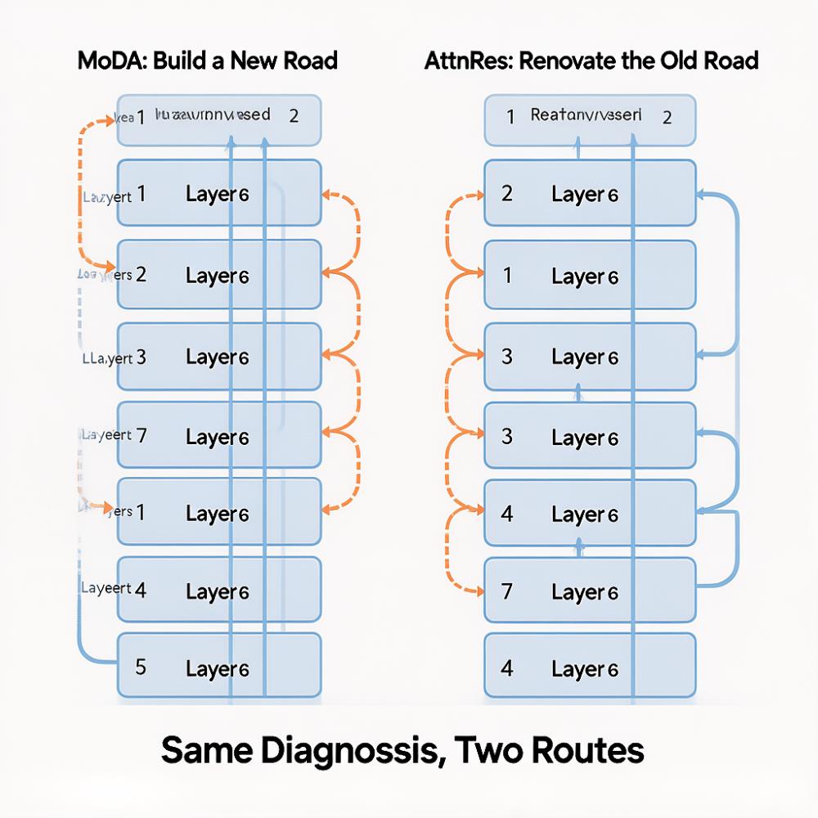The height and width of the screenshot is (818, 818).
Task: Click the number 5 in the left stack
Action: tap(141, 667)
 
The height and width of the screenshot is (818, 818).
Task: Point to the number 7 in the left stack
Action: tap(141, 434)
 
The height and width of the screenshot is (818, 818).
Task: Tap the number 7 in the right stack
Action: tap(507, 591)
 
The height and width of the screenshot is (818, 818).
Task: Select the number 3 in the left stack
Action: tap(141, 357)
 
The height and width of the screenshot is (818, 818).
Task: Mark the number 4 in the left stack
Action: tap(141, 590)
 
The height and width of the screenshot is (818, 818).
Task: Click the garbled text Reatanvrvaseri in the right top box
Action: tap(586, 115)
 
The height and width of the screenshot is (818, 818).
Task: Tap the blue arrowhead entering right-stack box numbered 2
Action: tap(702, 195)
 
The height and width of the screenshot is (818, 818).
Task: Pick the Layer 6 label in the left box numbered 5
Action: tap(217, 668)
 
